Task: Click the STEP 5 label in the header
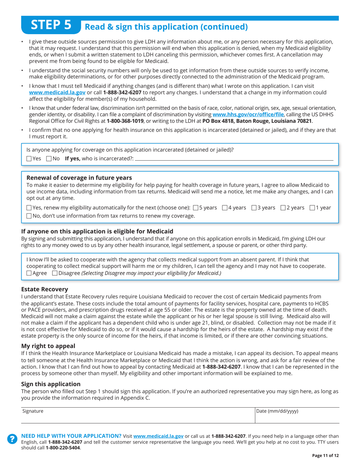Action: coord(51,25)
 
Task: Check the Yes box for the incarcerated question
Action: coord(29,159)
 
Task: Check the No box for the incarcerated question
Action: coord(49,159)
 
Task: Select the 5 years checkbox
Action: coord(196,208)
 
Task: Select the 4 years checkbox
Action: coord(224,208)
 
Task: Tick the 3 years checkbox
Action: coord(254,208)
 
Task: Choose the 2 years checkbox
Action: coord(283,208)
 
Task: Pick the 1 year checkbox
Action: coord(312,208)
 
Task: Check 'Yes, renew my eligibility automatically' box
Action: coord(29,208)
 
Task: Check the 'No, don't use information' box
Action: coord(29,216)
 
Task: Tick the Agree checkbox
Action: coord(29,273)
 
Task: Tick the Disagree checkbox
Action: coord(55,273)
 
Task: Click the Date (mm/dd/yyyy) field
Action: coord(297,416)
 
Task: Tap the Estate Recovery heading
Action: coord(45,289)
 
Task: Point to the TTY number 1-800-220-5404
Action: coord(63,447)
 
